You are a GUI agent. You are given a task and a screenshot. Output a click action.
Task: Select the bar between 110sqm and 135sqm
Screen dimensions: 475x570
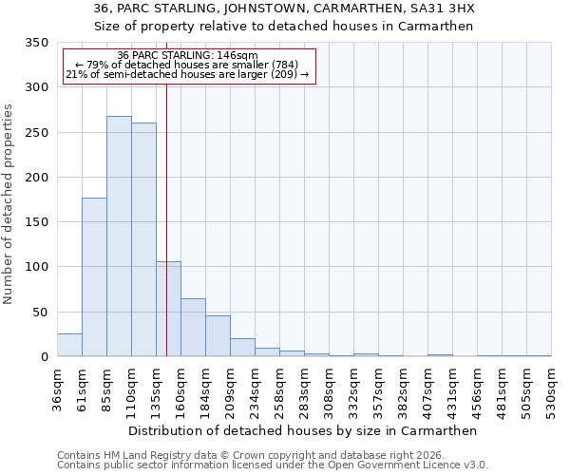click(143, 239)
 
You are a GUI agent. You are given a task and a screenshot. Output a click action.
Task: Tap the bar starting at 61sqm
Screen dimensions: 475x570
click(94, 276)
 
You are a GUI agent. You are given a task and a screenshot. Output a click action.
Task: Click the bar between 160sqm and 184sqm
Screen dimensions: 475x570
click(193, 328)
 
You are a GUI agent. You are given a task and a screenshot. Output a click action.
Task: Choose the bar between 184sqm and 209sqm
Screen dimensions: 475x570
click(218, 336)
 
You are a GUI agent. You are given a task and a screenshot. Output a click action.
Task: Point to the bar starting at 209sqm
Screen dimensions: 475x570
click(242, 348)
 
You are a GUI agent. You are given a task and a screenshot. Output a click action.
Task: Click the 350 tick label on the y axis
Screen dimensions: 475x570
click(36, 43)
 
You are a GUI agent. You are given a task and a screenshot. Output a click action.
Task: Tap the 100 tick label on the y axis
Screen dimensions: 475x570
click(36, 267)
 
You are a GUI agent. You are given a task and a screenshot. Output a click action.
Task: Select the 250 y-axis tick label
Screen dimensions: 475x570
click(36, 133)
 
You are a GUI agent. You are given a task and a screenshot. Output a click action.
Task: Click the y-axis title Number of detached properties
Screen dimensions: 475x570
click(9, 204)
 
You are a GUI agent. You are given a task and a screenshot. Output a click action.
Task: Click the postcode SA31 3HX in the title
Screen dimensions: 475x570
click(441, 9)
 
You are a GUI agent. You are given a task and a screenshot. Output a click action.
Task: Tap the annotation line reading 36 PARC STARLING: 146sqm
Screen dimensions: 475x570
click(187, 56)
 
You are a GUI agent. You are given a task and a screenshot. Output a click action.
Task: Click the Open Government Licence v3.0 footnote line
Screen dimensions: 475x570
click(273, 465)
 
